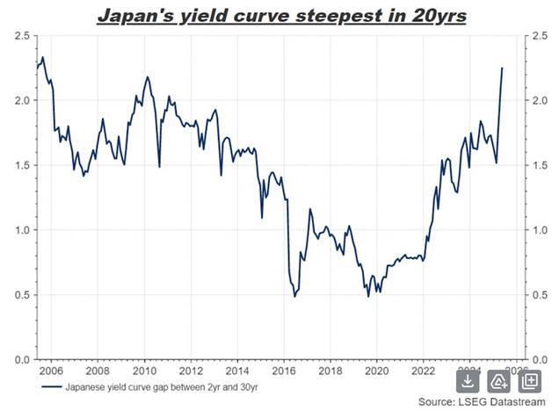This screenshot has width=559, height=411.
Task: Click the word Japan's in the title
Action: pos(133,15)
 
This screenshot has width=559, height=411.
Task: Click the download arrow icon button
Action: pos(468,380)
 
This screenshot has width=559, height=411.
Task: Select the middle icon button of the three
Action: pos(498,380)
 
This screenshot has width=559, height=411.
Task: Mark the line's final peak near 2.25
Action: pos(502,68)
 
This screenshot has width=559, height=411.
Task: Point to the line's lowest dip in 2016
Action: pos(294,296)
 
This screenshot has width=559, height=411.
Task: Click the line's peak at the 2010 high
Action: pos(147,77)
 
